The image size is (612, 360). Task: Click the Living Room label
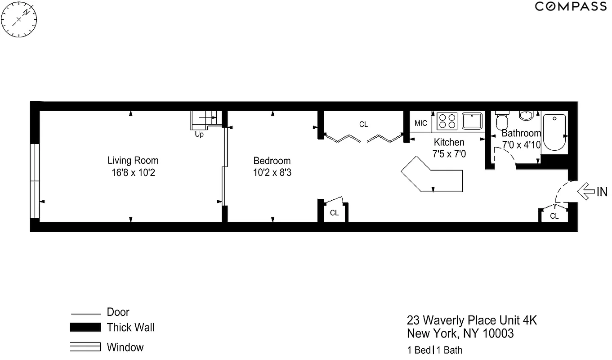(x=133, y=160)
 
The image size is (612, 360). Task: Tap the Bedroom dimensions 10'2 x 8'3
(x=272, y=172)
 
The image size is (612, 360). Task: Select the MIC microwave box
(x=421, y=123)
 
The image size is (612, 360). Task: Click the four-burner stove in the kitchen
(x=447, y=121)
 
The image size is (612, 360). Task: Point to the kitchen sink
(x=472, y=121)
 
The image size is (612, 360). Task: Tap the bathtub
(x=554, y=132)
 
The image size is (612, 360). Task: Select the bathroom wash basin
(x=527, y=116)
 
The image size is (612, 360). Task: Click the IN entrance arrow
(x=585, y=192)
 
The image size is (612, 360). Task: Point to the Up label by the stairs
(x=199, y=134)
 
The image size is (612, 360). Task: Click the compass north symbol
(x=19, y=20)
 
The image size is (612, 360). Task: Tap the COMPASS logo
(x=570, y=6)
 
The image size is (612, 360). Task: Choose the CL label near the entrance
(x=554, y=216)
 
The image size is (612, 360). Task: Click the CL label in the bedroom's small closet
(x=334, y=213)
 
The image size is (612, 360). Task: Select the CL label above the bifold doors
(x=363, y=124)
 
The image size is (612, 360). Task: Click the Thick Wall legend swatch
(x=85, y=328)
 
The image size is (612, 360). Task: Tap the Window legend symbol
(x=85, y=347)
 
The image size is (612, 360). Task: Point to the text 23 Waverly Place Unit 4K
(x=472, y=320)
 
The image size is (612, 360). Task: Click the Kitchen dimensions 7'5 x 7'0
(x=449, y=153)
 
